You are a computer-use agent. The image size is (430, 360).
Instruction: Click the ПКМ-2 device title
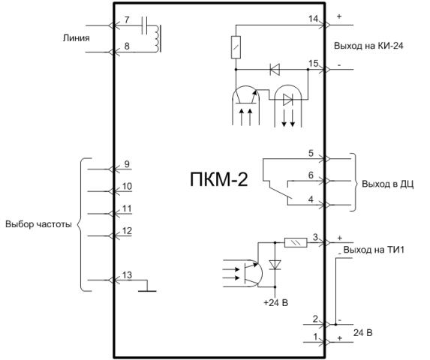(219, 179)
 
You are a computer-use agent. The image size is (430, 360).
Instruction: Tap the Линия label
(77, 37)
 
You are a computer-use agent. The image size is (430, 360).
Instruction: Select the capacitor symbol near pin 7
(145, 25)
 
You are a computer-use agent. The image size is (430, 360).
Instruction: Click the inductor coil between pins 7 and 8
(157, 39)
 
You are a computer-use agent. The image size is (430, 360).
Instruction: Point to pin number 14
(313, 19)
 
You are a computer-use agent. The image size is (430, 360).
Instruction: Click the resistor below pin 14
(236, 47)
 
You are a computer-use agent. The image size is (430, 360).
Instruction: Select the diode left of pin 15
(275, 69)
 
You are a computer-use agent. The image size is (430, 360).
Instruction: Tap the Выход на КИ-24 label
(368, 46)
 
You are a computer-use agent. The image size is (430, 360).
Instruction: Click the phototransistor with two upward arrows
(245, 105)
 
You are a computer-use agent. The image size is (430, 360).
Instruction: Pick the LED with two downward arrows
(288, 106)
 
